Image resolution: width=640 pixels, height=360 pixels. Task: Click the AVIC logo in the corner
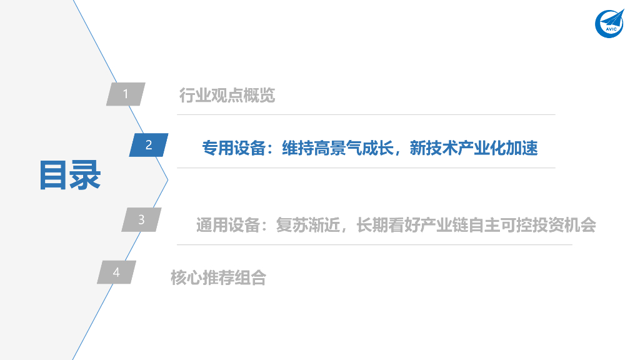click(609, 23)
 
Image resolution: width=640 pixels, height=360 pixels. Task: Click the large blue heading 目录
click(69, 175)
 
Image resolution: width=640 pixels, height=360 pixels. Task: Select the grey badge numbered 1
click(126, 94)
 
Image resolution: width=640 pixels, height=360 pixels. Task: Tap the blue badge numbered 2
click(149, 146)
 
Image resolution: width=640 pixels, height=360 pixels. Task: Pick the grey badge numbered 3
click(142, 219)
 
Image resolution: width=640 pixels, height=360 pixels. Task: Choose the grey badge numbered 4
click(116, 272)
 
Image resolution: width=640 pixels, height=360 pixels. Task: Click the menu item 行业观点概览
click(227, 96)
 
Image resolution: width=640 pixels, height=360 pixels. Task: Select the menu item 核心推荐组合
click(218, 277)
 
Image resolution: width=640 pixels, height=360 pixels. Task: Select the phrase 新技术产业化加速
click(474, 148)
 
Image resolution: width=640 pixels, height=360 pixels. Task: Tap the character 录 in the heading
click(86, 175)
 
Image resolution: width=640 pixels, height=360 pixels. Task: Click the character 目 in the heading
click(53, 175)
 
